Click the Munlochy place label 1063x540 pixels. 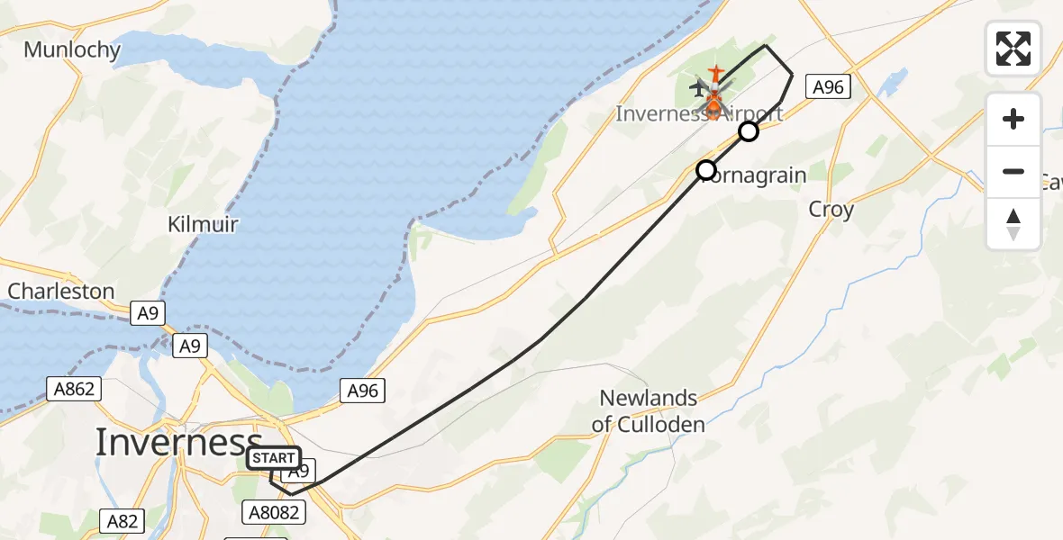pos(72,49)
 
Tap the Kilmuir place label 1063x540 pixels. pos(203,223)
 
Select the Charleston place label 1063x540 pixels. pos(61,292)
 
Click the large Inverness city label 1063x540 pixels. pos(178,442)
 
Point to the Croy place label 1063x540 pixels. pos(831,209)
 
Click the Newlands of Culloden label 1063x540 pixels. pos(649,410)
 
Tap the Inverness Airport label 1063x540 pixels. pos(699,114)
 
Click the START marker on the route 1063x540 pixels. pos(274,458)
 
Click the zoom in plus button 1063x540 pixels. pos(1013,119)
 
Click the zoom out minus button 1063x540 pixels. pos(1013,171)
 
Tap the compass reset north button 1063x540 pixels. pos(1013,223)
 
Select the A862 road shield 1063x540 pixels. pos(74,389)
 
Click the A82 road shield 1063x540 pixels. pos(123,521)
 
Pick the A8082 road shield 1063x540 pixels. pos(274,513)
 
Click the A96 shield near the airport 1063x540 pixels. pos(828,87)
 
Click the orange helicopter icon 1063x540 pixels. pos(713,104)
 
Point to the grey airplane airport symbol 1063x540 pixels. pos(699,88)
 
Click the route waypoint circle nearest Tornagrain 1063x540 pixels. pos(706,169)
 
